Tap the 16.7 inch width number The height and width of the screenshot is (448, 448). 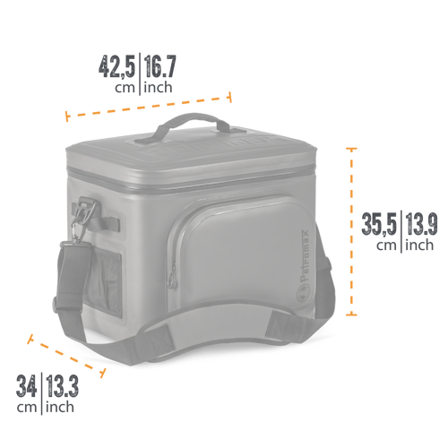[160, 67]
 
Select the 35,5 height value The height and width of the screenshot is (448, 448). [380, 223]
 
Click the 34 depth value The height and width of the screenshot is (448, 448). [27, 387]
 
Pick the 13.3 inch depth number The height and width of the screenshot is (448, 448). [61, 387]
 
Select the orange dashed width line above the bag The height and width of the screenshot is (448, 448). [149, 104]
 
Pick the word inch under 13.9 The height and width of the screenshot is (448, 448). [418, 244]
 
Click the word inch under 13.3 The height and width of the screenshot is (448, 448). [60, 408]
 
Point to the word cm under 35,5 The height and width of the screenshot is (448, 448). [387, 244]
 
